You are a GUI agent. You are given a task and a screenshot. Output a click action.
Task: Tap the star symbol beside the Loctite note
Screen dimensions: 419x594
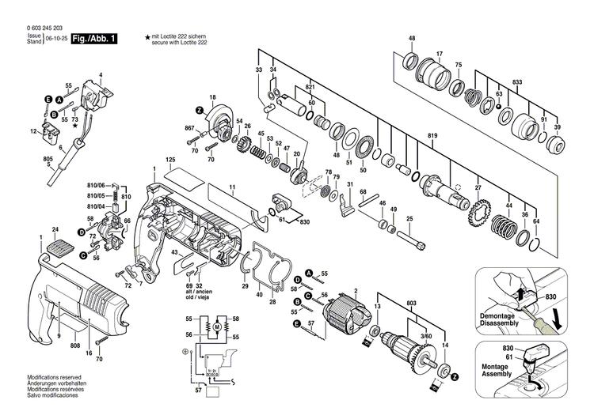(x=147, y=37)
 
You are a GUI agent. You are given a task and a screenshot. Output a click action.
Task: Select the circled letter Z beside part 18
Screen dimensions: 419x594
(x=200, y=108)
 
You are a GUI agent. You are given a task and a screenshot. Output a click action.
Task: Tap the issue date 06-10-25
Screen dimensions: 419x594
(x=56, y=38)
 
